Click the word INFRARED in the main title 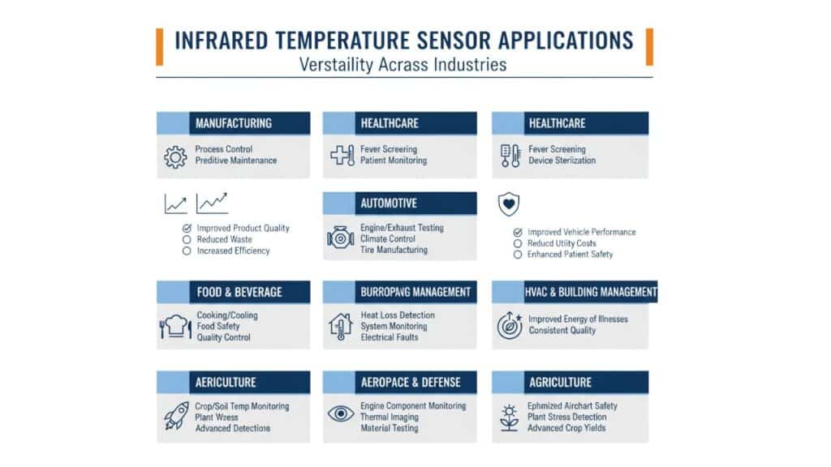222,41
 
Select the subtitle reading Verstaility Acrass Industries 403,65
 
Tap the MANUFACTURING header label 233,123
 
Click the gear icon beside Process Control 175,156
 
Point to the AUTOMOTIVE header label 389,204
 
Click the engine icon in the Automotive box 340,238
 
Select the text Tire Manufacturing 394,250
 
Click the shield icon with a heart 509,204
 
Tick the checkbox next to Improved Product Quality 187,228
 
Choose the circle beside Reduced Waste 187,240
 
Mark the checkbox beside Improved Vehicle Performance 518,233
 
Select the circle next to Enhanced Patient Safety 518,255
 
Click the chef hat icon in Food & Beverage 175,326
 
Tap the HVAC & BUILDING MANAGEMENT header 591,292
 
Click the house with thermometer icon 340,326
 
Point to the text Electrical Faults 389,337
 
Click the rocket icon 176,416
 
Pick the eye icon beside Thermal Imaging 341,413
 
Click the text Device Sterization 562,161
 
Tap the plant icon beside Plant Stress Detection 510,418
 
